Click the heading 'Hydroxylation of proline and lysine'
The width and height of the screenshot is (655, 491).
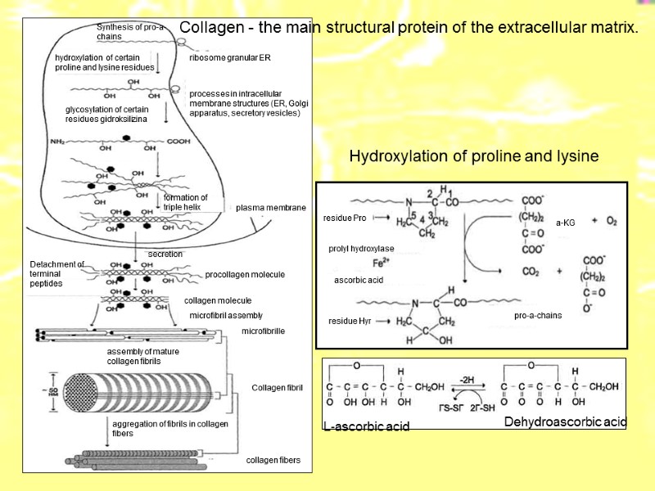pos(474,156)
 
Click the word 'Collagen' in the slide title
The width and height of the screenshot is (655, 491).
pos(209,28)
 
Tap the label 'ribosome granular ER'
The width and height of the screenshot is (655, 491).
pos(229,59)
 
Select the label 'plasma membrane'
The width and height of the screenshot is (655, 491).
pos(270,208)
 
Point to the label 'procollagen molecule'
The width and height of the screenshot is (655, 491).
pos(245,275)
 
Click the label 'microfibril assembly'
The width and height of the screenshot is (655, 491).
pos(226,315)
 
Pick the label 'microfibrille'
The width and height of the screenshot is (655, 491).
pos(263,331)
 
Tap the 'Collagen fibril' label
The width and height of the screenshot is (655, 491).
pos(277,388)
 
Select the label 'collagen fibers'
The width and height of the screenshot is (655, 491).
pos(273,461)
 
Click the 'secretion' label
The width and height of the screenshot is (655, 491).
pos(165,255)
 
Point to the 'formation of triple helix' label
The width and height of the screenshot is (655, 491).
pos(185,202)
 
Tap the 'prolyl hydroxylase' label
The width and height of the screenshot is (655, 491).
pos(361,248)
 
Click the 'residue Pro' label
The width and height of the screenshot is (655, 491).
pos(345,218)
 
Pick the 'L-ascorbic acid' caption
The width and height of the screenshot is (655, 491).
pos(366,427)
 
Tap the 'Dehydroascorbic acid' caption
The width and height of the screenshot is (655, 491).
pos(565,422)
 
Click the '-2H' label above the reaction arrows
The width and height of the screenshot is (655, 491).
pos(468,379)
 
